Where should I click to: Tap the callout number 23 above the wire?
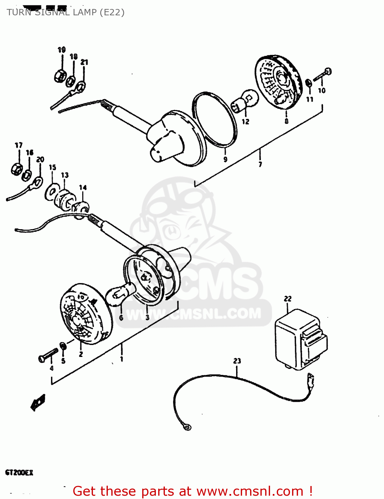tap(237, 361)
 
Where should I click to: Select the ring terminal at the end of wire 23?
tap(188, 427)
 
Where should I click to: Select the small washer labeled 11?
tap(308, 83)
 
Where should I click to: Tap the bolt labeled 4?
tap(48, 355)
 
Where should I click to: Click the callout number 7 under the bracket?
tap(260, 164)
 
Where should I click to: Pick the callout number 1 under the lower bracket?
tap(122, 359)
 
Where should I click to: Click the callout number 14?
tap(83, 188)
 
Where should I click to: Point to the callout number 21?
tap(84, 62)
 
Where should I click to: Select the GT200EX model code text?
tap(19, 472)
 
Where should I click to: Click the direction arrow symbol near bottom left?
tap(38, 403)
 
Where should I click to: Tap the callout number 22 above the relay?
tap(287, 299)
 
